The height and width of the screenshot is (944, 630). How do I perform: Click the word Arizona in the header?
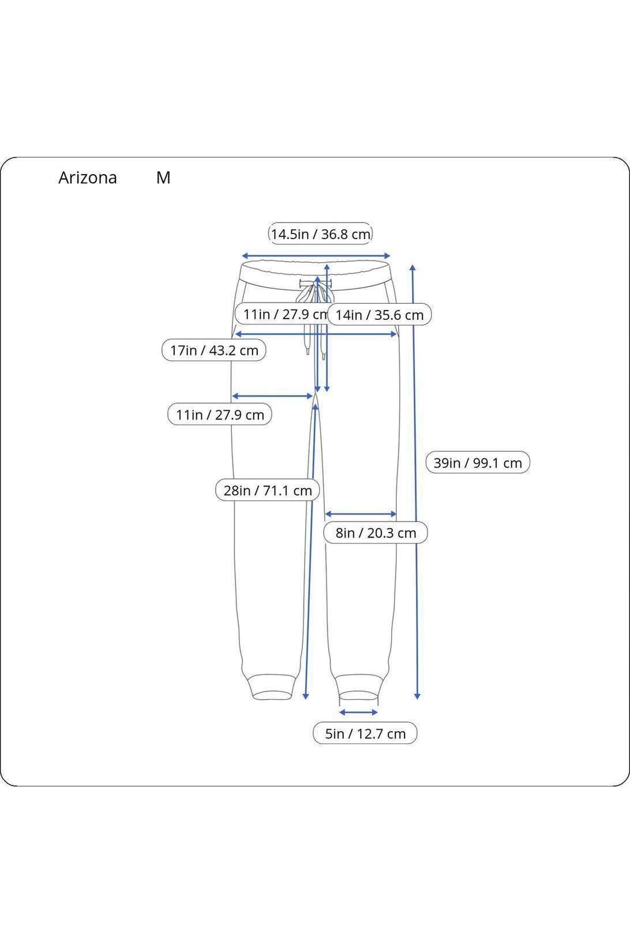[x=87, y=178]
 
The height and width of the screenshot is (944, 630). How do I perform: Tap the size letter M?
[x=163, y=178]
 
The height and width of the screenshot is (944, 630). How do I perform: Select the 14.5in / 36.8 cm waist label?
[x=320, y=234]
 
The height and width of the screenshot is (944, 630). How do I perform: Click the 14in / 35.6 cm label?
[x=380, y=315]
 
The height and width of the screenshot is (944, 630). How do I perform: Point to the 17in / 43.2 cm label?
[x=214, y=350]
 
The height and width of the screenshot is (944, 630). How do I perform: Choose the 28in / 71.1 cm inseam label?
[x=268, y=490]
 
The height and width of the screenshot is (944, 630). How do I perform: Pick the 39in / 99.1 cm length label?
[x=478, y=462]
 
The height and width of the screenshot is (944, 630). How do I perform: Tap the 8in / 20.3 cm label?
[x=376, y=533]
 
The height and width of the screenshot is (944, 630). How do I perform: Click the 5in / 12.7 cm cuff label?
[x=365, y=733]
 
